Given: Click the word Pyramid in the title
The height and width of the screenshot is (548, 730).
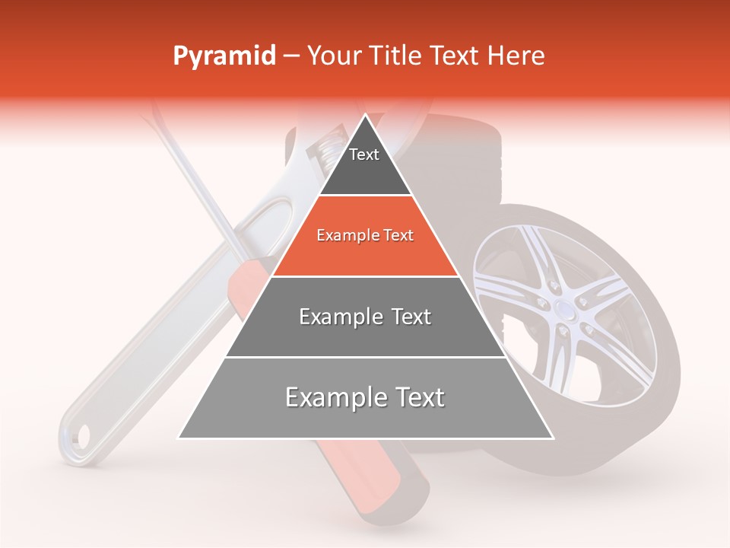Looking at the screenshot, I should click(224, 56).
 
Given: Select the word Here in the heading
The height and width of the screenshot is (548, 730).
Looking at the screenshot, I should click(517, 56).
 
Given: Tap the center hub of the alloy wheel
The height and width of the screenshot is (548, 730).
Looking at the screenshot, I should click(564, 307).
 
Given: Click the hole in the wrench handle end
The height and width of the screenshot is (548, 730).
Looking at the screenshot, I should click(81, 435).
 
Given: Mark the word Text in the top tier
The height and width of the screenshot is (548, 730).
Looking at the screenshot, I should click(364, 155).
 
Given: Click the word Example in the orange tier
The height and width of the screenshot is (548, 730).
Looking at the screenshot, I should click(346, 236).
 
